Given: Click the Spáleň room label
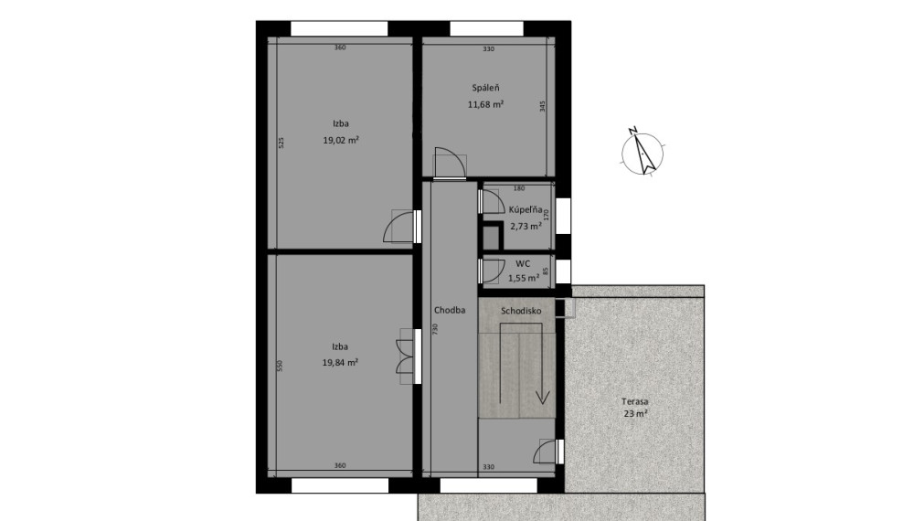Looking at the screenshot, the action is click(x=485, y=88).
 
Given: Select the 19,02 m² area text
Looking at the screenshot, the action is click(x=341, y=140).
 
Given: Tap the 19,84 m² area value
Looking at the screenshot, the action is click(x=340, y=363).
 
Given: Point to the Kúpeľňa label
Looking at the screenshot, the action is click(x=525, y=209).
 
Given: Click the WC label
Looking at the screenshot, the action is click(x=523, y=263).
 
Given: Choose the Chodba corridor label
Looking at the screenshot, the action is click(x=450, y=310).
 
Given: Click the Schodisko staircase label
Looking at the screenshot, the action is click(x=521, y=311).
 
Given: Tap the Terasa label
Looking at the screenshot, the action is click(x=634, y=401).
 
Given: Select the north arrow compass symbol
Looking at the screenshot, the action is click(x=643, y=152).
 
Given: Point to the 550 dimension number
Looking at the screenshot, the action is click(x=281, y=366).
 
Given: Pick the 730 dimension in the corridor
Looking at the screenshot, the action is click(x=435, y=328).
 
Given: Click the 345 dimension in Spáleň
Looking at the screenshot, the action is click(x=543, y=106).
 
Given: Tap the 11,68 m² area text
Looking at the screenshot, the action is click(x=485, y=105).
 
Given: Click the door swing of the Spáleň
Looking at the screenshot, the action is click(x=450, y=162).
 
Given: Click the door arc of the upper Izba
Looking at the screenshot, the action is click(x=400, y=227).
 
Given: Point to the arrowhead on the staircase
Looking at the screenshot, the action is click(x=543, y=398).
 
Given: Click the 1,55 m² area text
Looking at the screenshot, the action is click(x=524, y=278).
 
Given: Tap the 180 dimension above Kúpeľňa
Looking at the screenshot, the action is click(x=518, y=188).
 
